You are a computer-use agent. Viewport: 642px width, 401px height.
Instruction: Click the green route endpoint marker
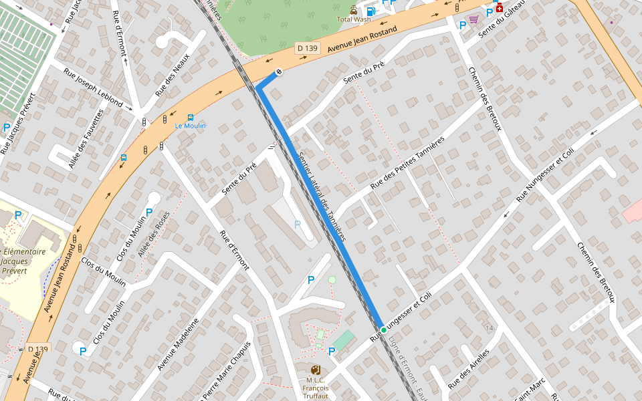(384, 330)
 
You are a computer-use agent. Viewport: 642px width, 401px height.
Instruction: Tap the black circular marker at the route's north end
(279, 72)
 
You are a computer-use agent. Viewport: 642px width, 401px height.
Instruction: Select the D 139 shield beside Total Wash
(308, 48)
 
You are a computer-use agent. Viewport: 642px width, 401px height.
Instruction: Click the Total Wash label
(354, 19)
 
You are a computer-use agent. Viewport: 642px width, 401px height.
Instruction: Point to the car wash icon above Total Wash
(353, 9)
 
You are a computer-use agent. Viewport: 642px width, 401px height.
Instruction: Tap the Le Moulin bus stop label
(191, 126)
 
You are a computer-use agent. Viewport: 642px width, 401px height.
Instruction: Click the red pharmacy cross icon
(499, 7)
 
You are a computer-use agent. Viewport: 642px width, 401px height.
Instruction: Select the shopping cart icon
(473, 19)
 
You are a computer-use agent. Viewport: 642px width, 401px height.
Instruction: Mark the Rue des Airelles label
(468, 370)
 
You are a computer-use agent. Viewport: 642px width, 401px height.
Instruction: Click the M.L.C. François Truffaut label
(316, 388)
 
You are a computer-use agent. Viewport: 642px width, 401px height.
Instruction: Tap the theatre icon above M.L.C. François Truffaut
(316, 370)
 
